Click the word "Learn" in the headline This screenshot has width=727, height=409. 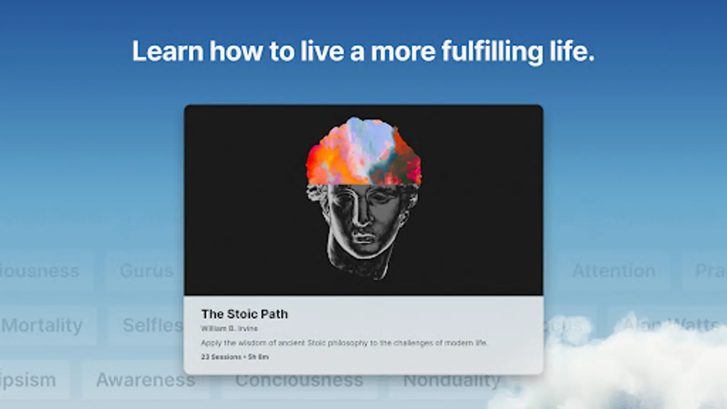point(167,51)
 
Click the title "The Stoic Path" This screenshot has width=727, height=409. point(244,314)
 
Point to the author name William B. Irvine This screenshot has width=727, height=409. point(229,328)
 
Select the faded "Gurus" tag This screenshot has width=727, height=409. point(146,271)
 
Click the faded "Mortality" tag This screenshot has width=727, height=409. point(42,325)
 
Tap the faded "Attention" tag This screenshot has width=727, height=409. point(613,271)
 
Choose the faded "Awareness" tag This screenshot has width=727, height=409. point(145,380)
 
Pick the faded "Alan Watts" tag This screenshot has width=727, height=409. point(670,325)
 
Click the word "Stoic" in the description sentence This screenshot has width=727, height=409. point(317,343)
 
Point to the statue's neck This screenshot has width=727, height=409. point(363,266)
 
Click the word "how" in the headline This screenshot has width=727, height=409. point(236,51)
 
